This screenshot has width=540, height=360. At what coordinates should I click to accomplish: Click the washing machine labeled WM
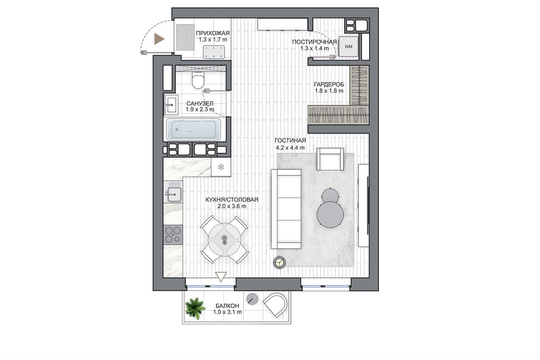[x=349, y=47]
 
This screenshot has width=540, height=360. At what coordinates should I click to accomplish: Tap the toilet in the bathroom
[x=198, y=80]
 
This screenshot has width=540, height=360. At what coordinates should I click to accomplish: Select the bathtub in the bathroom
[x=193, y=130]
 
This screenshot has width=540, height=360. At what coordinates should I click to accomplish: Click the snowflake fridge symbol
[x=221, y=167]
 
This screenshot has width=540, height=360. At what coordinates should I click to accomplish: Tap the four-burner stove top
[x=173, y=235]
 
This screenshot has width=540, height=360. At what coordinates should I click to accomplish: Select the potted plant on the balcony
[x=195, y=307]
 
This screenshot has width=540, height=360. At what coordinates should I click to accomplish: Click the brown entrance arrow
[x=159, y=39]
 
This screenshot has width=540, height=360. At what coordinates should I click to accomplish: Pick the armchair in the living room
[x=330, y=159]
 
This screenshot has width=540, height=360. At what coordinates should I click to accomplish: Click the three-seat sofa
[x=286, y=209]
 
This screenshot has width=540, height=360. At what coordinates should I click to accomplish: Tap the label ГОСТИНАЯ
[x=290, y=140]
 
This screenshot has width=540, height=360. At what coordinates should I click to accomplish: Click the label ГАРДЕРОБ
[x=329, y=84]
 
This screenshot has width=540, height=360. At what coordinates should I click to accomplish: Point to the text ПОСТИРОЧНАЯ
[x=314, y=42]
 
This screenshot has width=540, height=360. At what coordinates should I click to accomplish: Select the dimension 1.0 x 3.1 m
[x=227, y=312]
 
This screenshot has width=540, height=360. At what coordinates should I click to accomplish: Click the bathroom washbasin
[x=171, y=105]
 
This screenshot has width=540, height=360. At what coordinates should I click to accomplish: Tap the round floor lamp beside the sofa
[x=280, y=263]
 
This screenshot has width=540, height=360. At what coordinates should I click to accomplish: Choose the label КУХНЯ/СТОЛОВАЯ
[x=232, y=200]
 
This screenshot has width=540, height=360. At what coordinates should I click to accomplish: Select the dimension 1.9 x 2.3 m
[x=200, y=109]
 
